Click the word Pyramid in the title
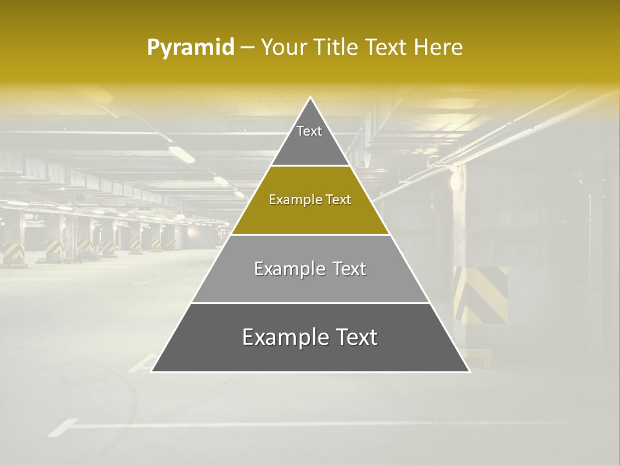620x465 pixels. (190, 47)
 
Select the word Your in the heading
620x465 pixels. (285, 47)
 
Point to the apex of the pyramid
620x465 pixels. (311, 98)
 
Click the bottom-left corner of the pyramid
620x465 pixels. (152, 371)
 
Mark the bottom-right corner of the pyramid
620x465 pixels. (468, 371)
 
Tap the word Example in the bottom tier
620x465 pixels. (280, 338)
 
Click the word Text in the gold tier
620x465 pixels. (338, 200)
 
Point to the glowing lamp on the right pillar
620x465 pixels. (457, 180)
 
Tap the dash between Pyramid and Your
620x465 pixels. (247, 47)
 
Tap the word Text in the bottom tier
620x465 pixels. (356, 338)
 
